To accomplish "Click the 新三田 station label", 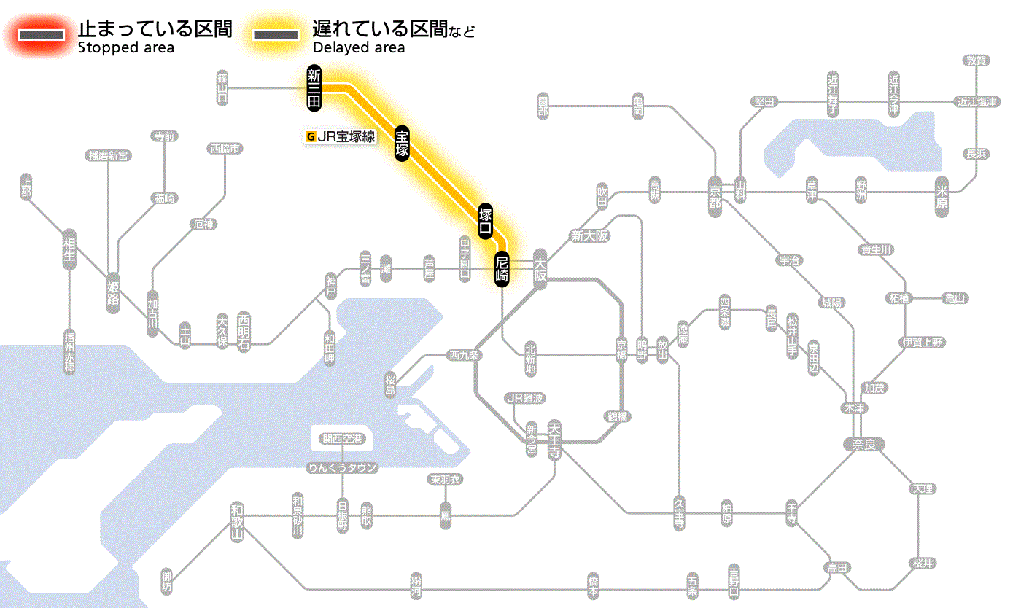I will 314,88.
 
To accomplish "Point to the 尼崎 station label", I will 502,268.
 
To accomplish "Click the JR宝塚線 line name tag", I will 341,136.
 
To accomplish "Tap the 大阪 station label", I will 540,268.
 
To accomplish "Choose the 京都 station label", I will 715,194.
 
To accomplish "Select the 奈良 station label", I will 863,443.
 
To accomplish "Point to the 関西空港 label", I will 342,439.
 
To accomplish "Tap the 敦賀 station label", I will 977,61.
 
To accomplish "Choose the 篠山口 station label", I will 223,87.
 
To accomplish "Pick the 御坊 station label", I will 167,582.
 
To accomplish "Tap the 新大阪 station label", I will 589,235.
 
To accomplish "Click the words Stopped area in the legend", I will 125,48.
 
